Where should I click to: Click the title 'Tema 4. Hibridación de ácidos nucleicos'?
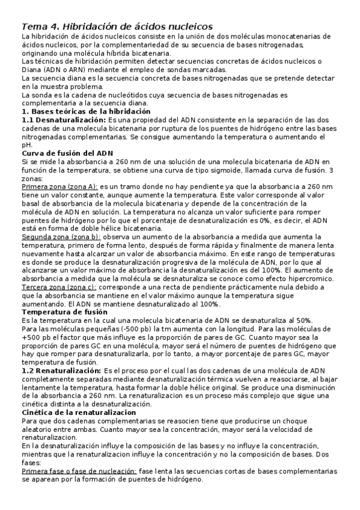pos(117,27)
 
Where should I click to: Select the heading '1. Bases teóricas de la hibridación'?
pos(86,112)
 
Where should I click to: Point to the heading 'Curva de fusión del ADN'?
pos(67,153)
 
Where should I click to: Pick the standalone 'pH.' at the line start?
pos(27,145)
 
